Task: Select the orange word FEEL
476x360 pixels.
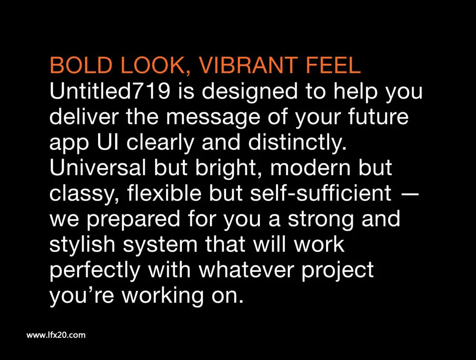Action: (333, 65)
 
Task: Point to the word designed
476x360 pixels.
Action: (249, 92)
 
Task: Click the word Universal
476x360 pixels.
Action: (98, 167)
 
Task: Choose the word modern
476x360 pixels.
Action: (310, 167)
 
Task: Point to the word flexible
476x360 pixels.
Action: (164, 192)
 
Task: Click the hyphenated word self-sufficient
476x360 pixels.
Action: (320, 192)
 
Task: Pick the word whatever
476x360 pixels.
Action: (248, 269)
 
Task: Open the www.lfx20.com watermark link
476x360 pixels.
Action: (56, 335)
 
